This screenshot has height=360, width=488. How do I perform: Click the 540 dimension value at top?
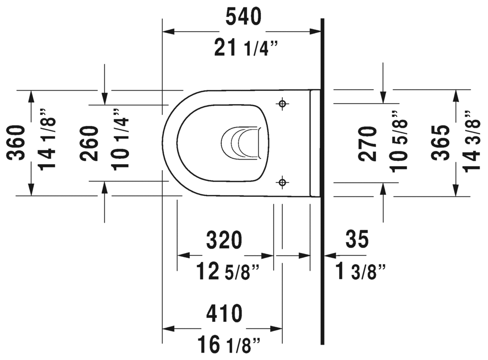click(x=243, y=18)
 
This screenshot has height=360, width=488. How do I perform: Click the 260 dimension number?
click(x=89, y=143)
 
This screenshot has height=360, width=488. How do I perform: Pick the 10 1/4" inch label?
click(x=121, y=139)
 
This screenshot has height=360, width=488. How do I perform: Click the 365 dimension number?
click(x=440, y=143)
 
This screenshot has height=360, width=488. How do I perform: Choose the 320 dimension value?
click(x=225, y=240)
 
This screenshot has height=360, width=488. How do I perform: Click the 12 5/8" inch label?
click(x=228, y=271)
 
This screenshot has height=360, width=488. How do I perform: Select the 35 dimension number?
click(x=358, y=240)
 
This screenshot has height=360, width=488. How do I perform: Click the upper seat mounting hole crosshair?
click(x=282, y=104)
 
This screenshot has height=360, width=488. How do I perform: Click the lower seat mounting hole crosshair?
click(x=282, y=183)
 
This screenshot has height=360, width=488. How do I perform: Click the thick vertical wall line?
click(x=322, y=198)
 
